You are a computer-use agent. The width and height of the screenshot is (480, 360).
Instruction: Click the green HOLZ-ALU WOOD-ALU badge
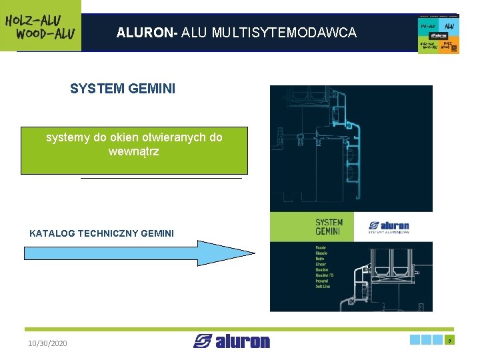click(x=40, y=25)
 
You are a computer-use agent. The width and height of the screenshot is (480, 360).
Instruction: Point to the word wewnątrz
click(x=133, y=152)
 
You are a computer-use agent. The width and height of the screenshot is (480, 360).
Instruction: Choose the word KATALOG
click(x=52, y=233)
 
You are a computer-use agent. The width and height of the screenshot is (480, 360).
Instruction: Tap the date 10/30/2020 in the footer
click(x=47, y=343)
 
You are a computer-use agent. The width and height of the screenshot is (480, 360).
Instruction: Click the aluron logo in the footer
click(x=231, y=341)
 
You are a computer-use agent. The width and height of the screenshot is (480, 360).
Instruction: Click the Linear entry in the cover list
click(x=321, y=265)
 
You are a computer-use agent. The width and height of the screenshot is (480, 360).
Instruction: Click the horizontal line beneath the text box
click(x=161, y=179)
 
